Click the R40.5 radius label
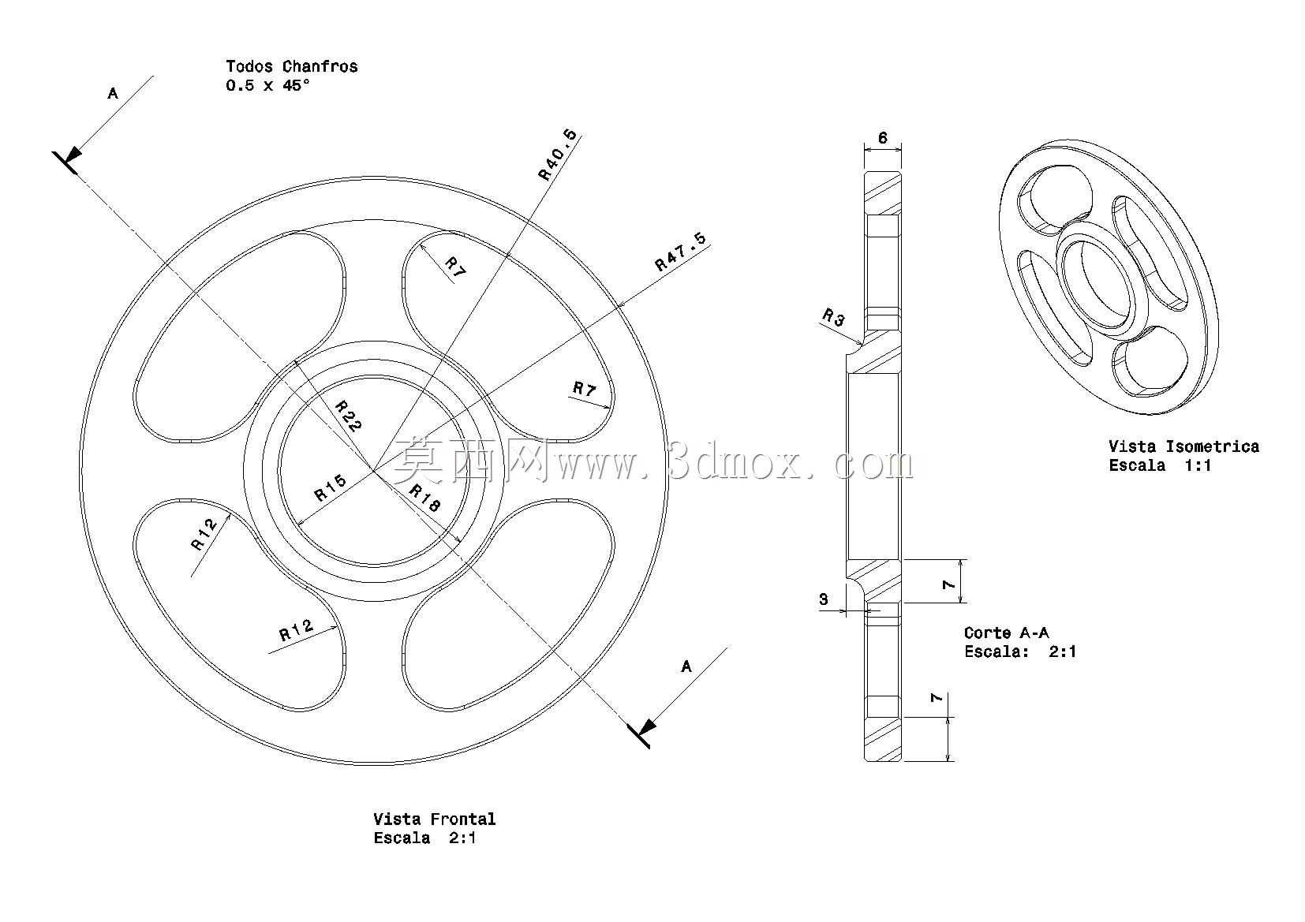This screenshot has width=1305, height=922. [558, 155]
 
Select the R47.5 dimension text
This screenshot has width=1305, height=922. [680, 252]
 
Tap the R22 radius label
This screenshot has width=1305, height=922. [349, 416]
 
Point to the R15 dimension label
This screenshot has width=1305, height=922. [331, 488]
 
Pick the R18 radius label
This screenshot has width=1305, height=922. [424, 498]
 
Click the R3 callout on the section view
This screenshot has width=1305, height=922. [833, 318]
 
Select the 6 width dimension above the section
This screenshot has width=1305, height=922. [883, 138]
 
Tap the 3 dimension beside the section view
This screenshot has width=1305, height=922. [823, 599]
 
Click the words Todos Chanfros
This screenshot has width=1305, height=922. [292, 66]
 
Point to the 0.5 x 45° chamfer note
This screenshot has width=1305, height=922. [267, 86]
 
